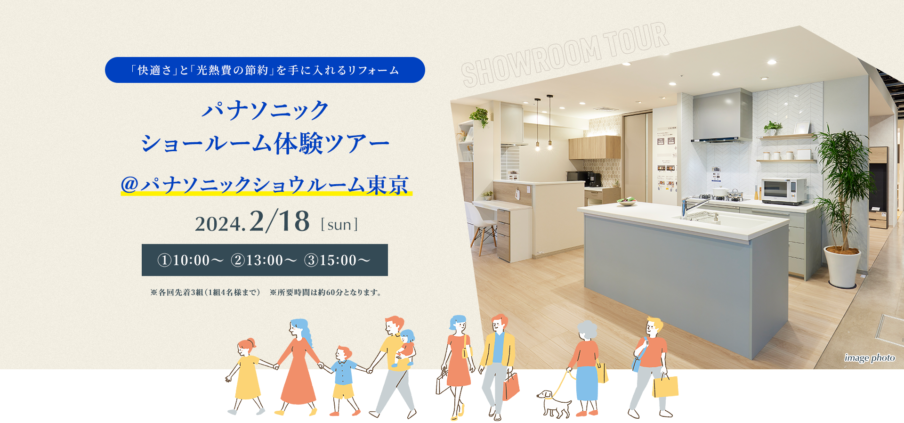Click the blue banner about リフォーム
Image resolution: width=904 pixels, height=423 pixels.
pyautogui.click(x=265, y=70)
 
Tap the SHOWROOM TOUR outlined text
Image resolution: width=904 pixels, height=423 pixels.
pyautogui.click(x=565, y=54)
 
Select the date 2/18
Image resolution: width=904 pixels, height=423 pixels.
pyautogui.click(x=280, y=221)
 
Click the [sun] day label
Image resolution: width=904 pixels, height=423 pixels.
pyautogui.click(x=339, y=225)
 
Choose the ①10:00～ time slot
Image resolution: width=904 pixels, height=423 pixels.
pyautogui.click(x=190, y=260)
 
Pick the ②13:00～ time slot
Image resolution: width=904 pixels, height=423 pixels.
pyautogui.click(x=264, y=260)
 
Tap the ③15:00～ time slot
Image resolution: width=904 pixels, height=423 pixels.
pyautogui.click(x=337, y=260)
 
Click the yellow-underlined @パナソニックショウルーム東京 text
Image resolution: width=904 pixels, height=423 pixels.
pyautogui.click(x=266, y=185)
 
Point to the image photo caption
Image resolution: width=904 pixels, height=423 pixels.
pyautogui.click(x=870, y=358)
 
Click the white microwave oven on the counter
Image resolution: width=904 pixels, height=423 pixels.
pyautogui.click(x=784, y=191)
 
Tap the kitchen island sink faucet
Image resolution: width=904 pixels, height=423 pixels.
pyautogui.click(x=694, y=207)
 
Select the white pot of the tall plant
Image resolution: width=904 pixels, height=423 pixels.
pyautogui.click(x=842, y=267)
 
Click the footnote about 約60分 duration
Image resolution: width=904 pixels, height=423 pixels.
pyautogui.click(x=326, y=293)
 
